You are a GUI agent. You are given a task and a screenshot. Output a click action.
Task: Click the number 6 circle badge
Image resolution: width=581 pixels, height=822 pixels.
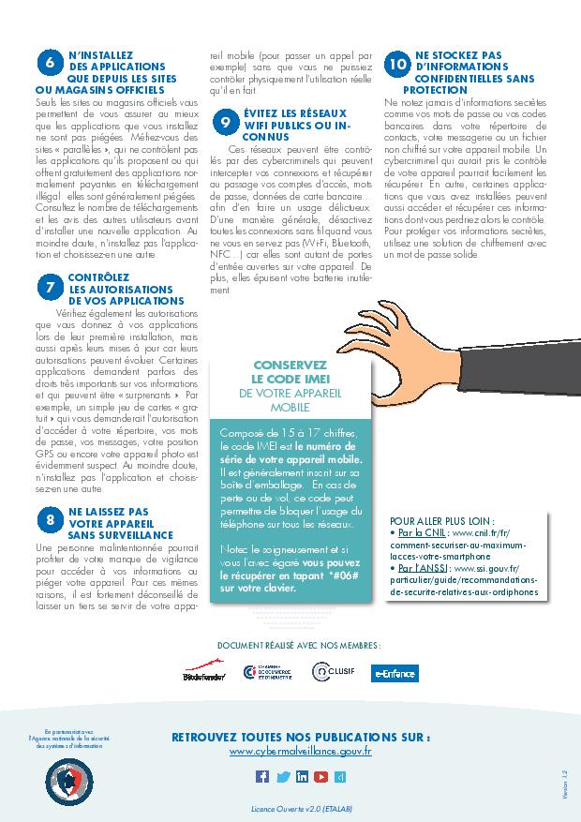(49, 62)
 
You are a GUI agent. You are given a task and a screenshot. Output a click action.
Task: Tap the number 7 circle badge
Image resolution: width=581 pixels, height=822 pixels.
(49, 289)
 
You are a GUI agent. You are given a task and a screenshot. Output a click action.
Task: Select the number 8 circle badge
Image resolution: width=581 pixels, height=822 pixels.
(49, 518)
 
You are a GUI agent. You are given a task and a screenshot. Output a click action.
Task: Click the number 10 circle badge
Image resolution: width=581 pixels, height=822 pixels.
(397, 63)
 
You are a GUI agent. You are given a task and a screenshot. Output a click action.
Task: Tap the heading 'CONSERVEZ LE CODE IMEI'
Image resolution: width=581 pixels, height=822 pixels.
(290, 371)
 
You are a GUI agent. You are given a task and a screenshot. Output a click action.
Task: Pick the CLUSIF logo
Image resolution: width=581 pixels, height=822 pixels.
(334, 671)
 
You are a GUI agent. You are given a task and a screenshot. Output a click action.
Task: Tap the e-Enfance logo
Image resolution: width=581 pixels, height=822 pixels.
(395, 673)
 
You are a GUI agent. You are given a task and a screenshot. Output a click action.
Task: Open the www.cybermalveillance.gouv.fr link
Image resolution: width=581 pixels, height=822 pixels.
(300, 752)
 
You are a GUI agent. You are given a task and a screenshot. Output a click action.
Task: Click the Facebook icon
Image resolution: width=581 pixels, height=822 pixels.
(262, 776)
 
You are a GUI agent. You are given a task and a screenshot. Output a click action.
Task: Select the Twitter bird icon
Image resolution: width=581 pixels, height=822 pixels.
(282, 776)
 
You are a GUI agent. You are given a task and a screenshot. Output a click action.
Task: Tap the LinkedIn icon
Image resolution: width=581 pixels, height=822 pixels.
(302, 776)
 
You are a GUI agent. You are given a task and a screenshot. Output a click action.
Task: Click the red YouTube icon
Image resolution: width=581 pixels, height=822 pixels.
(321, 776)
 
